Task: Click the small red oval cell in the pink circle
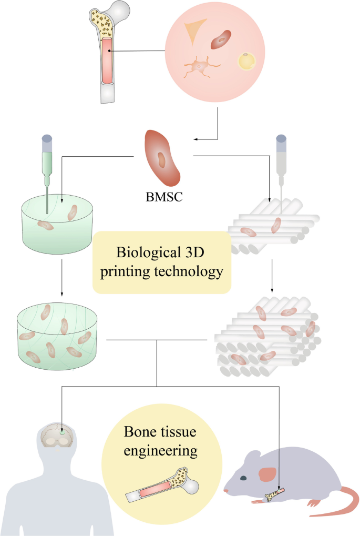pyautogui.click(x=221, y=39)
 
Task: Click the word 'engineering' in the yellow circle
pyautogui.click(x=161, y=451)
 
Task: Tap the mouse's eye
pyautogui.click(x=243, y=478)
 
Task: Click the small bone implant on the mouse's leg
pyautogui.click(x=275, y=494)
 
